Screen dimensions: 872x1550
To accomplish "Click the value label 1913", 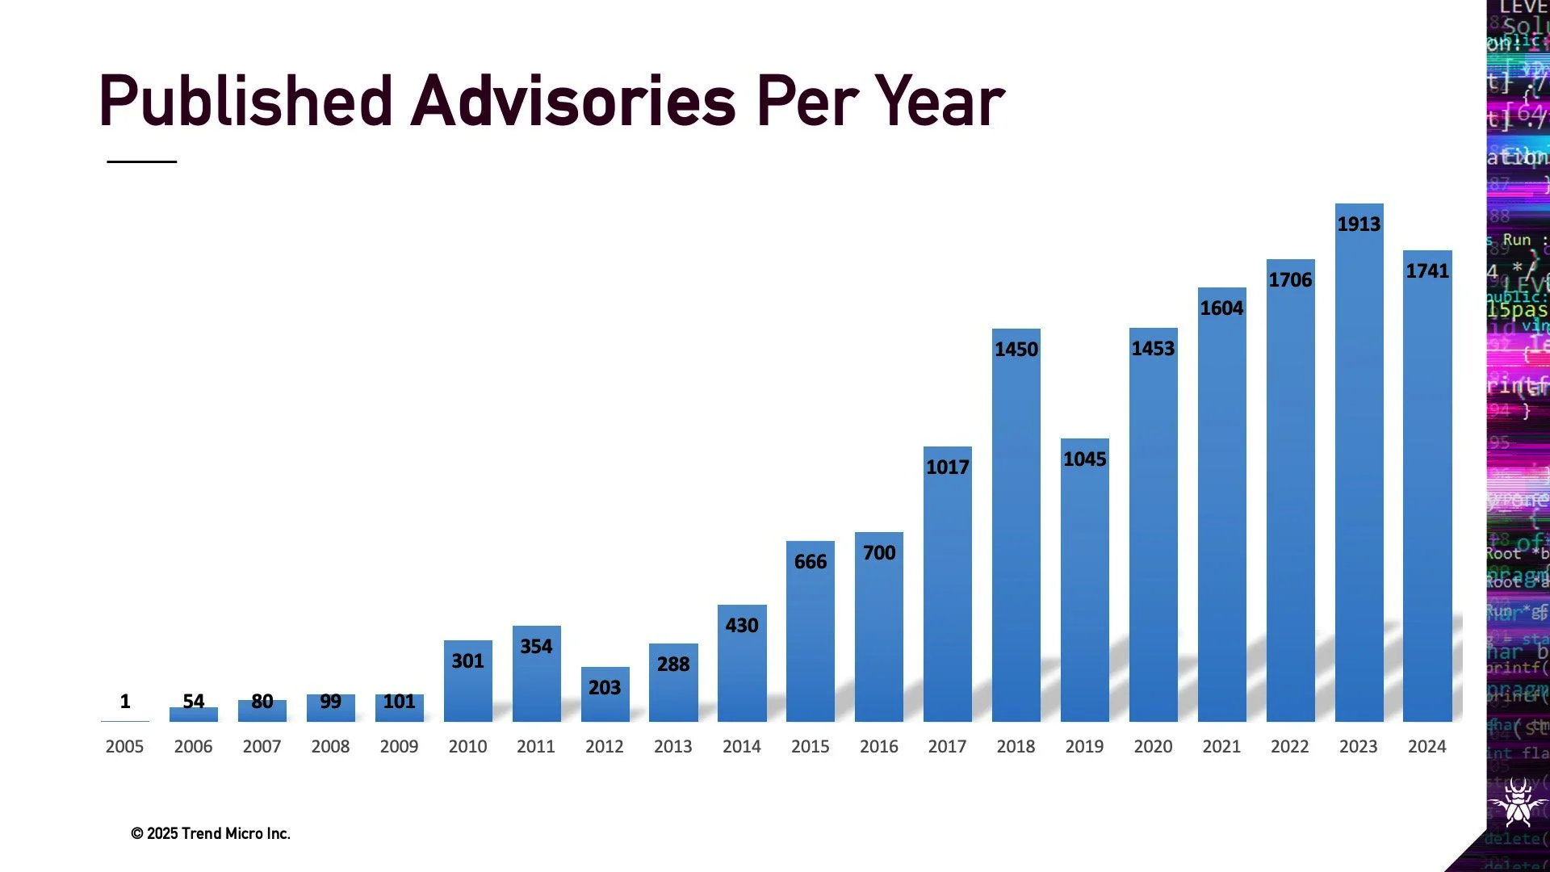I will [1359, 224].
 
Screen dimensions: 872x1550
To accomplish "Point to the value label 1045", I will [1084, 459].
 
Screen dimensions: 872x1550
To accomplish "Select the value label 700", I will [879, 553].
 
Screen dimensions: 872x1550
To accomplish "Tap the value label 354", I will [536, 647].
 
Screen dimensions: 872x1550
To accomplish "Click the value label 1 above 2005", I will [125, 701].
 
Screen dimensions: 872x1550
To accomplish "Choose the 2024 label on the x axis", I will [1426, 747].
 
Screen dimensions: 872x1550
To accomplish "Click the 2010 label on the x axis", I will [467, 747].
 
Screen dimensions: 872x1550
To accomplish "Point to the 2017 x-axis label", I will [947, 747].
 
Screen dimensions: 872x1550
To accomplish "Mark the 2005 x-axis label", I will [124, 747].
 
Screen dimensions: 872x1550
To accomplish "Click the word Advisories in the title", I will [573, 102].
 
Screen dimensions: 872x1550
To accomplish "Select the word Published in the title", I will [245, 102].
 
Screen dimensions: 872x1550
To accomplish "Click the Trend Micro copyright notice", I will [210, 833].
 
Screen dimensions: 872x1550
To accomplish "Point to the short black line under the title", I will [141, 161].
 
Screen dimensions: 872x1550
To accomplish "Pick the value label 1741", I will [1427, 271].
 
